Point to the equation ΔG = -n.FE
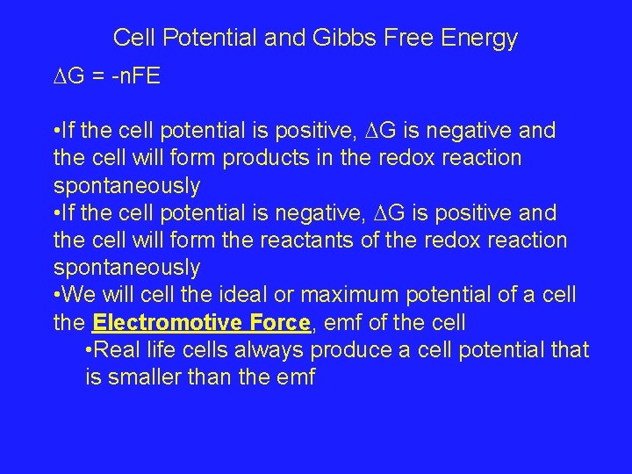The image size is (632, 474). (106, 76)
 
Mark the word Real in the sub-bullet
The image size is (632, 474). (115, 350)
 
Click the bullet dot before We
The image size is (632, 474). (57, 295)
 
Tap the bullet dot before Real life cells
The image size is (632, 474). (90, 350)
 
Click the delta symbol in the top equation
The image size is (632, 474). (60, 76)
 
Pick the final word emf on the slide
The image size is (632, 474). (297, 377)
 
